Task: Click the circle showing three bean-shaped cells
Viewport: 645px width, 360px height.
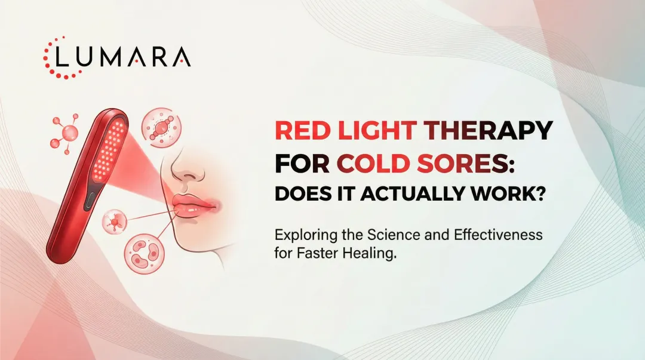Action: point(143,253)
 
